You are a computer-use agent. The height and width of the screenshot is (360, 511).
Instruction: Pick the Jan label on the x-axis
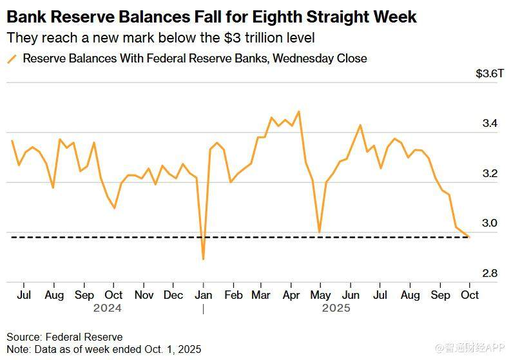[x=203, y=295]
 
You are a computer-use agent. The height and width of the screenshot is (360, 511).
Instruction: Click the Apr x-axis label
[x=291, y=295]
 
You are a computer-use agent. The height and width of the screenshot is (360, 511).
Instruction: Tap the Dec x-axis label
[x=173, y=295]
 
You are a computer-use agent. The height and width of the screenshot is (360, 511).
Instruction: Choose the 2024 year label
[x=108, y=308]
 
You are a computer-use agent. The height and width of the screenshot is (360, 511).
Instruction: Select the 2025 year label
[x=336, y=308]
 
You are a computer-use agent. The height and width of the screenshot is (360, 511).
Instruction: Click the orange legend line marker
[x=12, y=59]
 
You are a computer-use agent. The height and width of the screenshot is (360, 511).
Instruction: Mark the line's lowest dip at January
[x=204, y=259]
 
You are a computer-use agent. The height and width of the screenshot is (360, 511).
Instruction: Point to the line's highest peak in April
[x=298, y=111]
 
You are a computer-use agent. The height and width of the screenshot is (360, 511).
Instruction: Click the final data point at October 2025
[x=469, y=237]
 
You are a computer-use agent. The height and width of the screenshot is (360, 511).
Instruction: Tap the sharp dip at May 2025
[x=319, y=232]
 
